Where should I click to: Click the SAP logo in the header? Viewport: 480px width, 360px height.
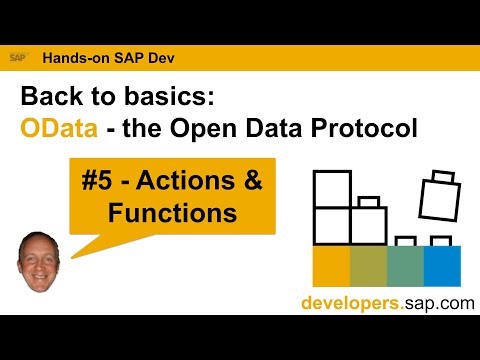pyautogui.click(x=18, y=57)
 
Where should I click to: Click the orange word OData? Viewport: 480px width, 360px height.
pyautogui.click(x=58, y=130)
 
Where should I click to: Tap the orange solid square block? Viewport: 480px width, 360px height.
pyautogui.click(x=331, y=265)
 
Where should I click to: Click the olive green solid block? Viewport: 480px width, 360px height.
pyautogui.click(x=368, y=265)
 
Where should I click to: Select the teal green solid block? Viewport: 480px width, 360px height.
pyautogui.click(x=404, y=265)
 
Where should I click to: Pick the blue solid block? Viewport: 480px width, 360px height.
pyautogui.click(x=441, y=265)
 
